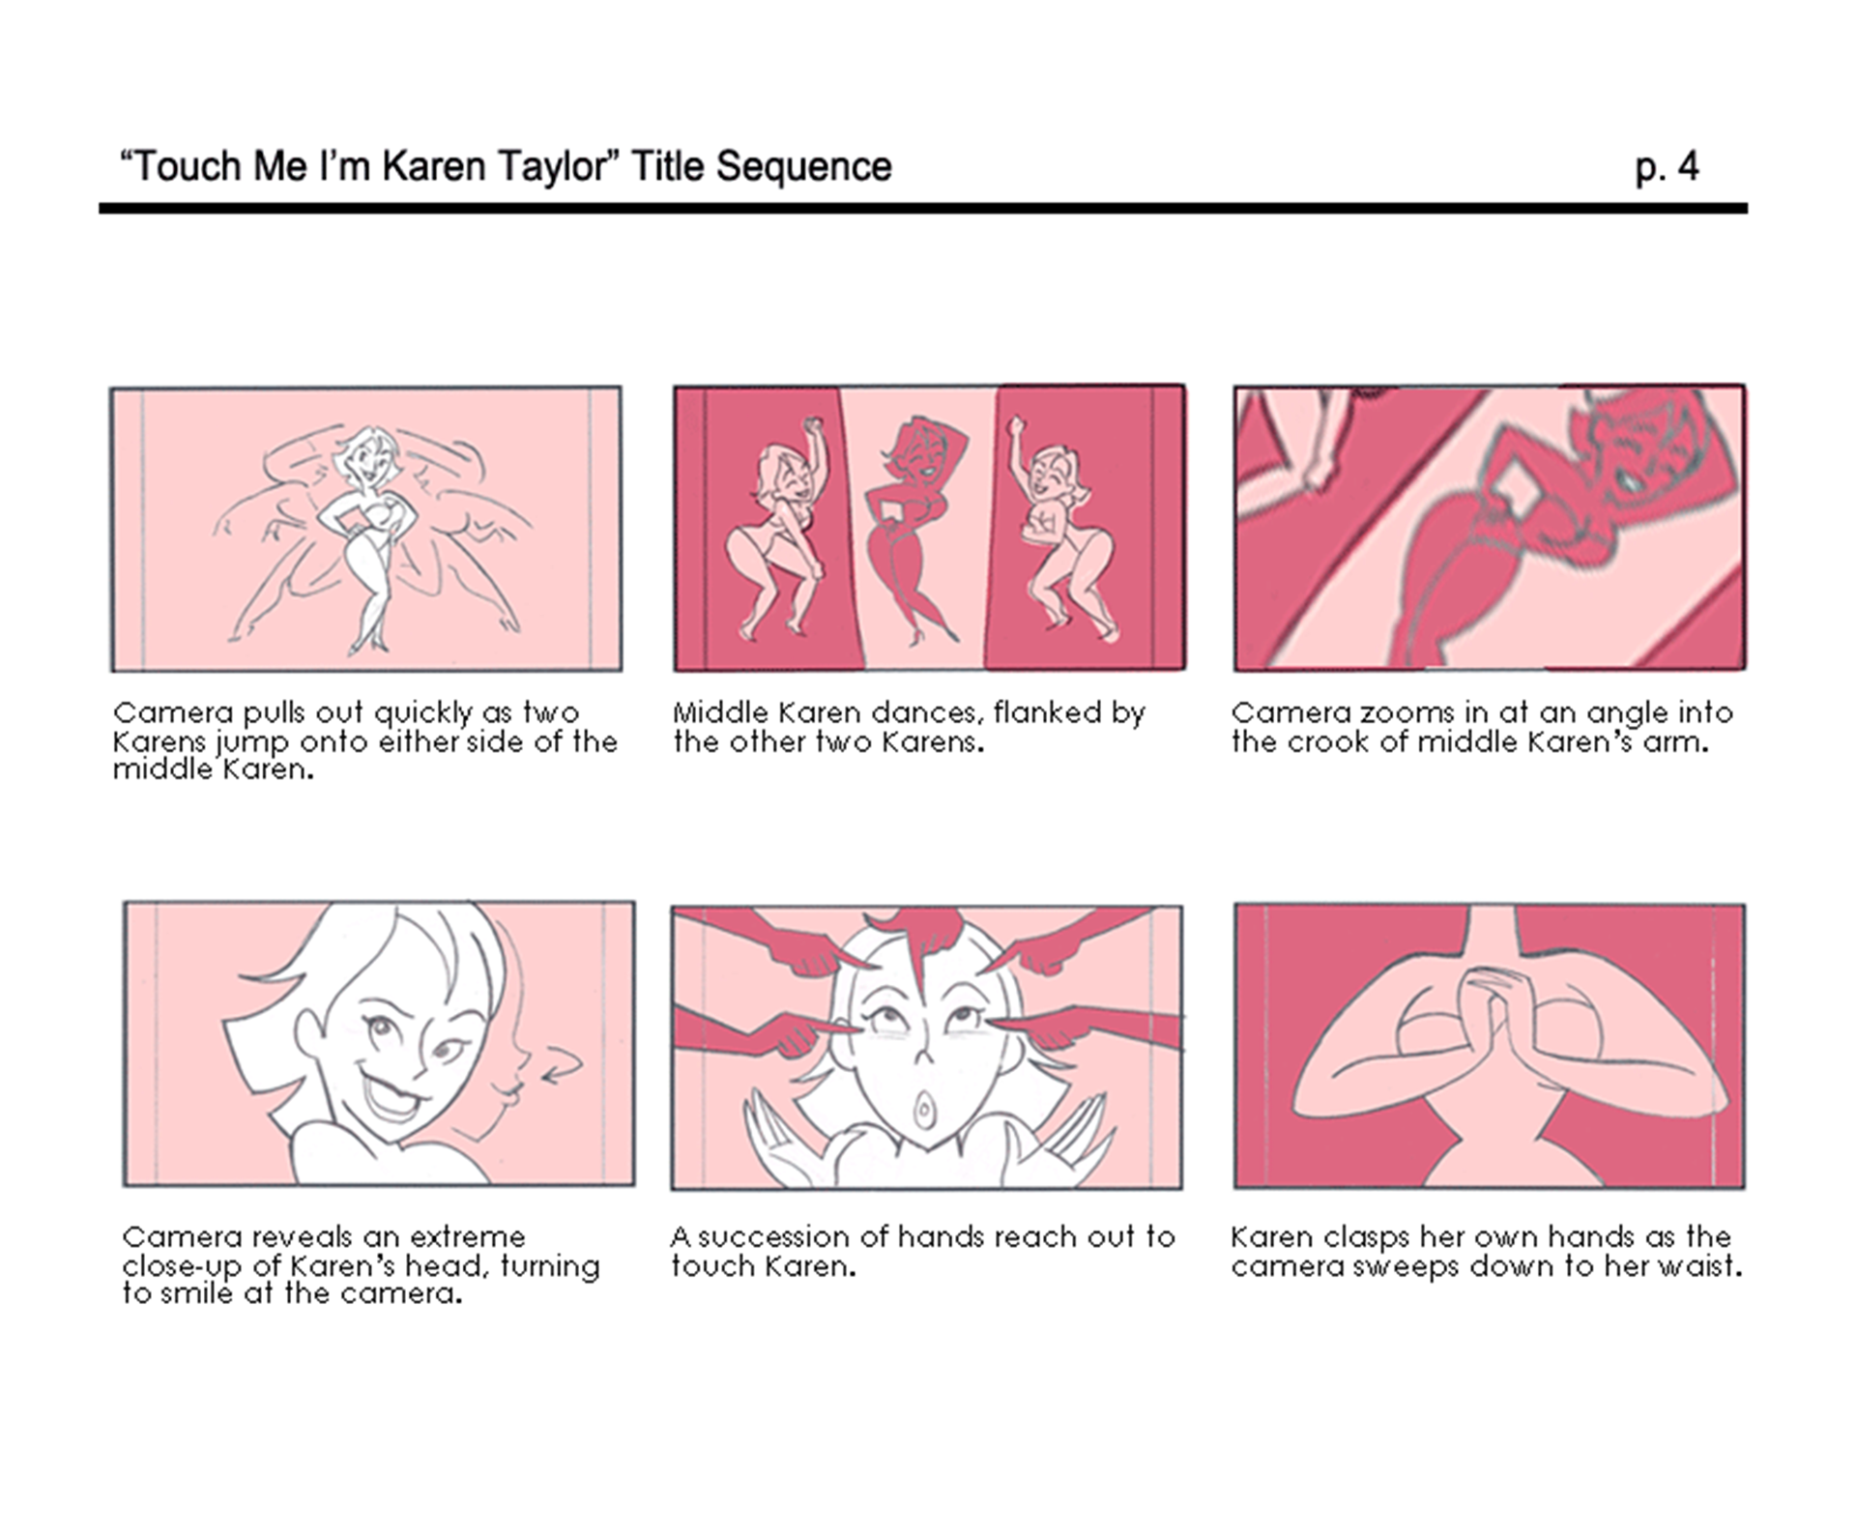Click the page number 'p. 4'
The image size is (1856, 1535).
(x=1667, y=167)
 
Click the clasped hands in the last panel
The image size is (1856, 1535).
(x=1489, y=1015)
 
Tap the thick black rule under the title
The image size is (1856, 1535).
(x=923, y=208)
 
